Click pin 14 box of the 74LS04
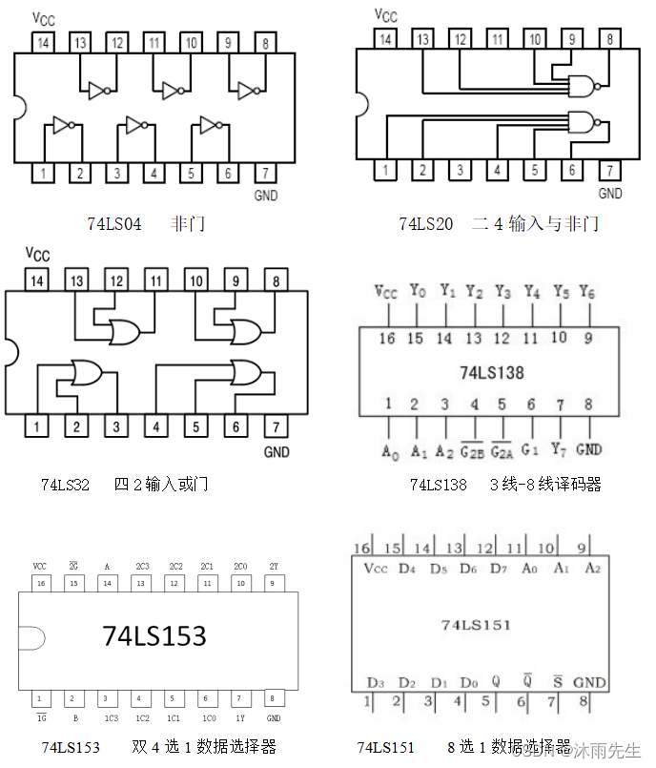tap(43, 42)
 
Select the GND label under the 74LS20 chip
tap(610, 193)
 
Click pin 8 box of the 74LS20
tap(609, 39)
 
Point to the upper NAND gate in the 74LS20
tap(582, 85)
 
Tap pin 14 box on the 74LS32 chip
tap(36, 280)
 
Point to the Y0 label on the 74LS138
tap(416, 292)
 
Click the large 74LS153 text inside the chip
tap(154, 635)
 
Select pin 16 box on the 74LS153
tap(40, 583)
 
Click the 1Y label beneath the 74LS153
tap(239, 717)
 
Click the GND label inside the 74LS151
tap(589, 682)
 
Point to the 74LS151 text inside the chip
tap(476, 625)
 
